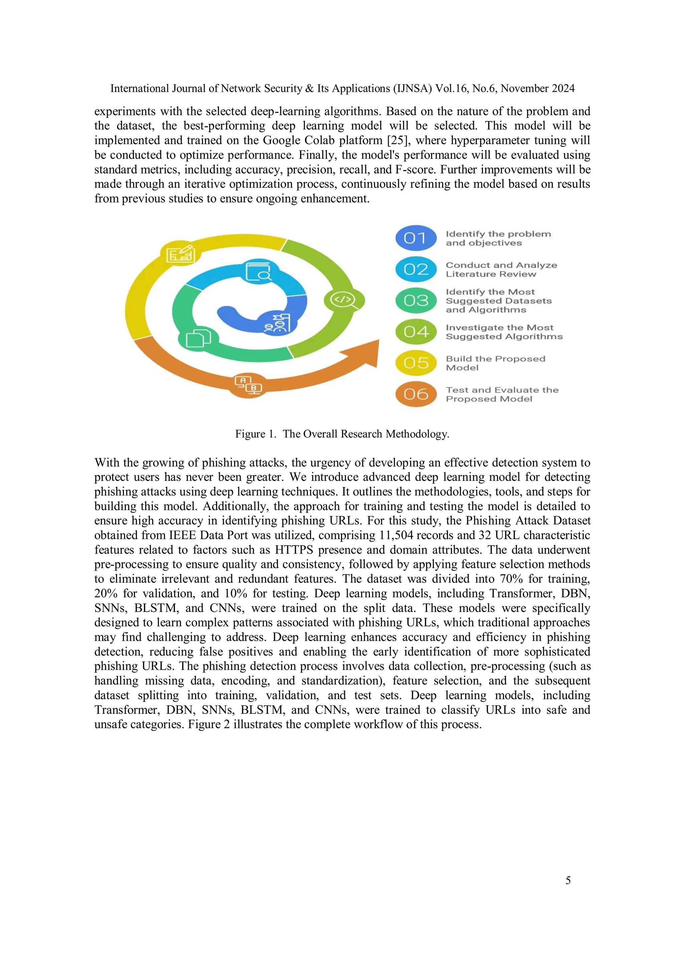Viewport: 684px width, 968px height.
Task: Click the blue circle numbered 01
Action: (416, 238)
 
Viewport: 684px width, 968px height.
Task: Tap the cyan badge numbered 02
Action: (416, 269)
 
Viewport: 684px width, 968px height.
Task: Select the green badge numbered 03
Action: (416, 300)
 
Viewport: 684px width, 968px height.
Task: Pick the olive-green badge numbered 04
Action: (416, 332)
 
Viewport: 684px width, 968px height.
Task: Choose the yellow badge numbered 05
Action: (416, 363)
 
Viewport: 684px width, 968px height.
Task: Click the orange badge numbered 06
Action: (416, 394)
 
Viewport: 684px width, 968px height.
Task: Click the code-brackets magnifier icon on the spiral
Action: (343, 300)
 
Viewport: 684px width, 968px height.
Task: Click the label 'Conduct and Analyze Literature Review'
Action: (501, 270)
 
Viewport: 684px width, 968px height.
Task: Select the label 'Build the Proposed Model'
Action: (495, 363)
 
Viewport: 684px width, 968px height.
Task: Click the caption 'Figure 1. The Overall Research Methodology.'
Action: (342, 434)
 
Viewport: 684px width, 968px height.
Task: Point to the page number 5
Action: (568, 880)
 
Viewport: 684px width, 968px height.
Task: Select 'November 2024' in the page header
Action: (537, 89)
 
